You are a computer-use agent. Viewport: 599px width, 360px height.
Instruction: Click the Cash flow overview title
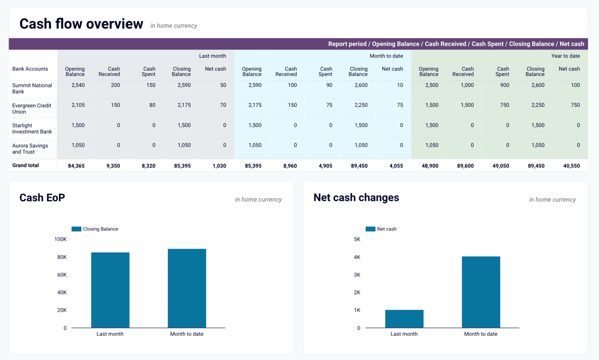coord(81,24)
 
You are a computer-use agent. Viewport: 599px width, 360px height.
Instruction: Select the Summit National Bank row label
coord(32,89)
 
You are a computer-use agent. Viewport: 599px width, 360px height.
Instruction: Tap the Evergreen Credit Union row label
coord(32,108)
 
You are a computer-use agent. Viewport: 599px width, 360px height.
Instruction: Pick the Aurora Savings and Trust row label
coord(30,149)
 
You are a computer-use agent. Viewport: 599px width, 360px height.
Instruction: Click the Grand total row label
coord(25,165)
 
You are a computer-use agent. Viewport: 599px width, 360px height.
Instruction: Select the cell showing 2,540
coord(78,85)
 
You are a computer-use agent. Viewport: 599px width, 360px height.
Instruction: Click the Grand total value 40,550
coord(571,166)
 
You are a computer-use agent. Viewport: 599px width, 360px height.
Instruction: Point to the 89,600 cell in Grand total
coord(465,166)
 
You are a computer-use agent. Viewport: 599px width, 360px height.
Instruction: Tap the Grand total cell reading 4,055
coord(396,166)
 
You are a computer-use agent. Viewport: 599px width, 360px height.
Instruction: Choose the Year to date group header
coord(565,56)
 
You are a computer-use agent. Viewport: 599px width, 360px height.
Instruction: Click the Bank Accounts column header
coord(30,69)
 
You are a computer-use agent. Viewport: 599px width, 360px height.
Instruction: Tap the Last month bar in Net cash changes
coord(404,319)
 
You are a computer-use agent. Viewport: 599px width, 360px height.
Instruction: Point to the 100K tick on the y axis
coord(60,239)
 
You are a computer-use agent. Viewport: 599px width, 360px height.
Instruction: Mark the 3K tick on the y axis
coord(357,275)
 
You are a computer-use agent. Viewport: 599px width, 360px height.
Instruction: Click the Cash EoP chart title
coord(42,198)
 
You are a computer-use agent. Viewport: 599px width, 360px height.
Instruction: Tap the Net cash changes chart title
coord(356,198)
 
